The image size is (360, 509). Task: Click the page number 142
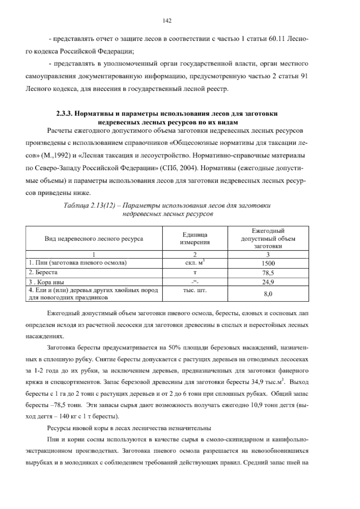click(x=167, y=20)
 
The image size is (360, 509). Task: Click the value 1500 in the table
click(x=268, y=264)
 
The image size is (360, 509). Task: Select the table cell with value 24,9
click(x=268, y=282)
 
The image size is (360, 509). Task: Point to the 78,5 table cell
click(x=268, y=273)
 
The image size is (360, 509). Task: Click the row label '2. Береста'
click(x=43, y=273)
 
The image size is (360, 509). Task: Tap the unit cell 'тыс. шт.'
click(x=195, y=291)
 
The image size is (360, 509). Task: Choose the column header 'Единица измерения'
click(x=195, y=239)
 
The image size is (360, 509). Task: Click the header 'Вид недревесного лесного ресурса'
click(x=94, y=239)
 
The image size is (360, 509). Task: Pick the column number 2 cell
click(x=195, y=254)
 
